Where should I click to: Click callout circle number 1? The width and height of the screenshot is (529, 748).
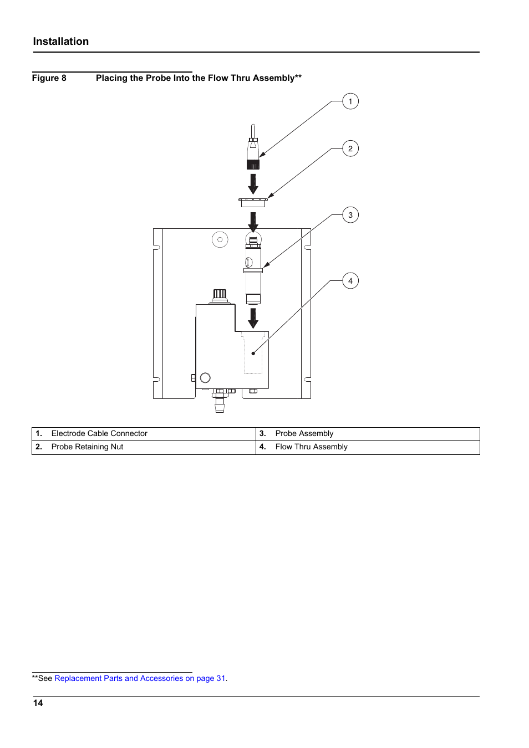[x=350, y=101]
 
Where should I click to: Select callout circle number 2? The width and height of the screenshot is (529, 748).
[x=350, y=148]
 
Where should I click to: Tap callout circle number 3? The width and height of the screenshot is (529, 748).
[x=350, y=215]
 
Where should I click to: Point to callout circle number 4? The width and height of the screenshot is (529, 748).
[x=350, y=281]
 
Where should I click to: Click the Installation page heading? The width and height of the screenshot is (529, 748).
[x=61, y=42]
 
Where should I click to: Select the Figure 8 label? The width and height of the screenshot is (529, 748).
[x=49, y=78]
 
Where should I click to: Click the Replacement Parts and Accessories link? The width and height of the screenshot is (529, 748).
[x=140, y=678]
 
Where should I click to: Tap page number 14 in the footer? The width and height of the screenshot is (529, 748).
[x=38, y=703]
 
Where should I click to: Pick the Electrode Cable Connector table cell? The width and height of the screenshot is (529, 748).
[x=144, y=434]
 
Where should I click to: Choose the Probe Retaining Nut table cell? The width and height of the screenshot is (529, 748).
[x=144, y=448]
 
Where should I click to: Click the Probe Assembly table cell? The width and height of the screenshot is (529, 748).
[x=368, y=434]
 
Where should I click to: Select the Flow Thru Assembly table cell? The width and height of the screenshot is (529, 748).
[x=368, y=448]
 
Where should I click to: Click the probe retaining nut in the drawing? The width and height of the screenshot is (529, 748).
[x=253, y=202]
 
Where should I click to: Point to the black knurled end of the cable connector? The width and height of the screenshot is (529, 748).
[x=253, y=165]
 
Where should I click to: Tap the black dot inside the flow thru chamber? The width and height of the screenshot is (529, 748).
[x=253, y=353]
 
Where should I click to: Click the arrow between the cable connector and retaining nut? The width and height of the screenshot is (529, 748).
[x=253, y=184]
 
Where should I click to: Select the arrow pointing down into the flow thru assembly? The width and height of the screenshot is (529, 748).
[x=253, y=318]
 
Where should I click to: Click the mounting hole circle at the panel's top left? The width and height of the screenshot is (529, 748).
[x=220, y=239]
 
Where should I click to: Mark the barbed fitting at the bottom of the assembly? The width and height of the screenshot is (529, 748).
[x=220, y=404]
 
